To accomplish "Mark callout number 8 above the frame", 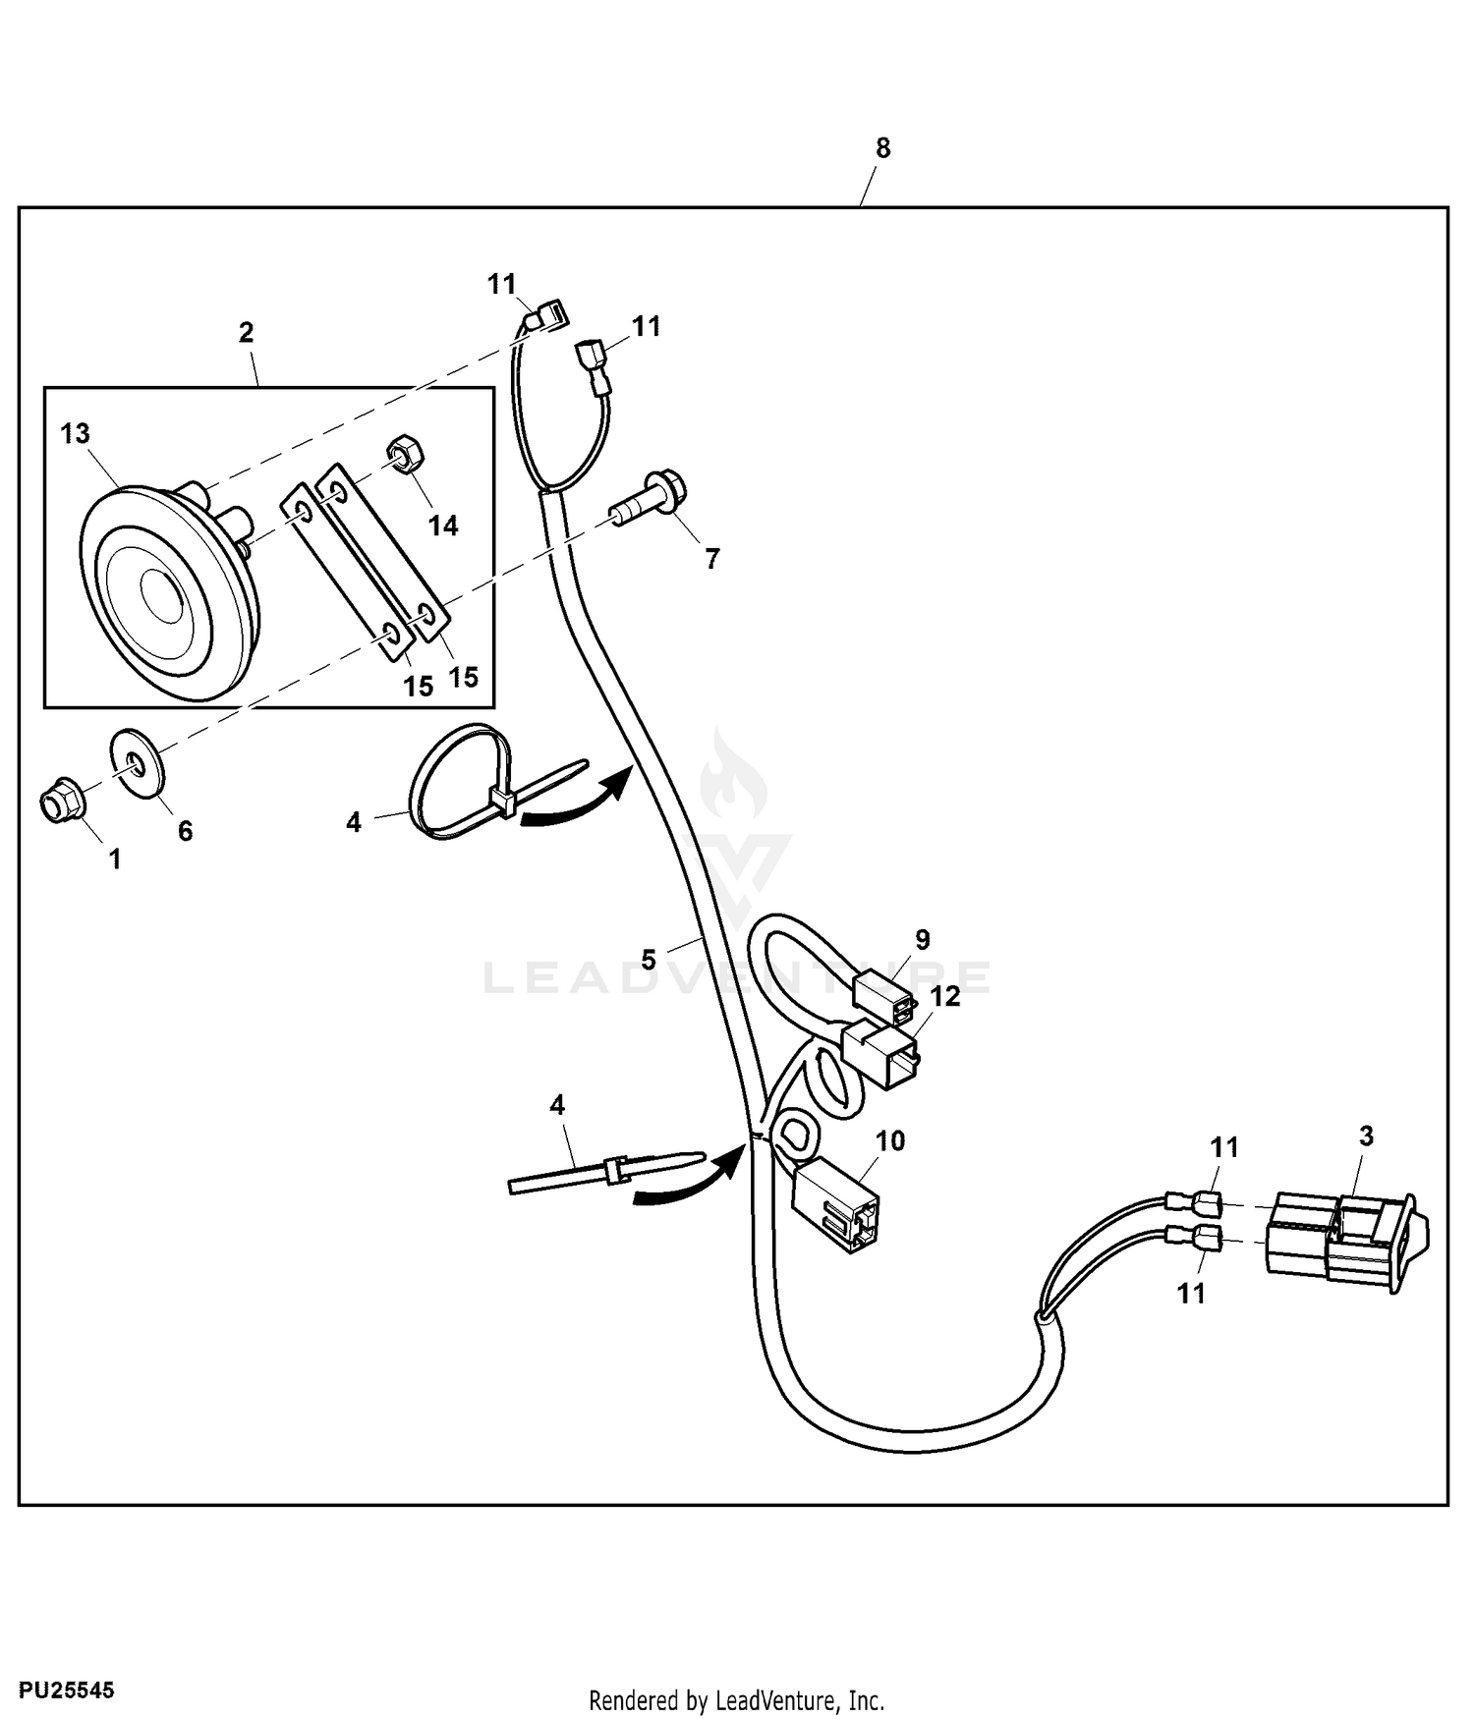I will (882, 148).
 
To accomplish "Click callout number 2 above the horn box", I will (246, 333).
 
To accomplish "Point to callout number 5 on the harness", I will (648, 959).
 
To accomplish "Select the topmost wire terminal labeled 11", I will (548, 315).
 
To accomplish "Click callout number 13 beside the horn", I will (76, 433).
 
